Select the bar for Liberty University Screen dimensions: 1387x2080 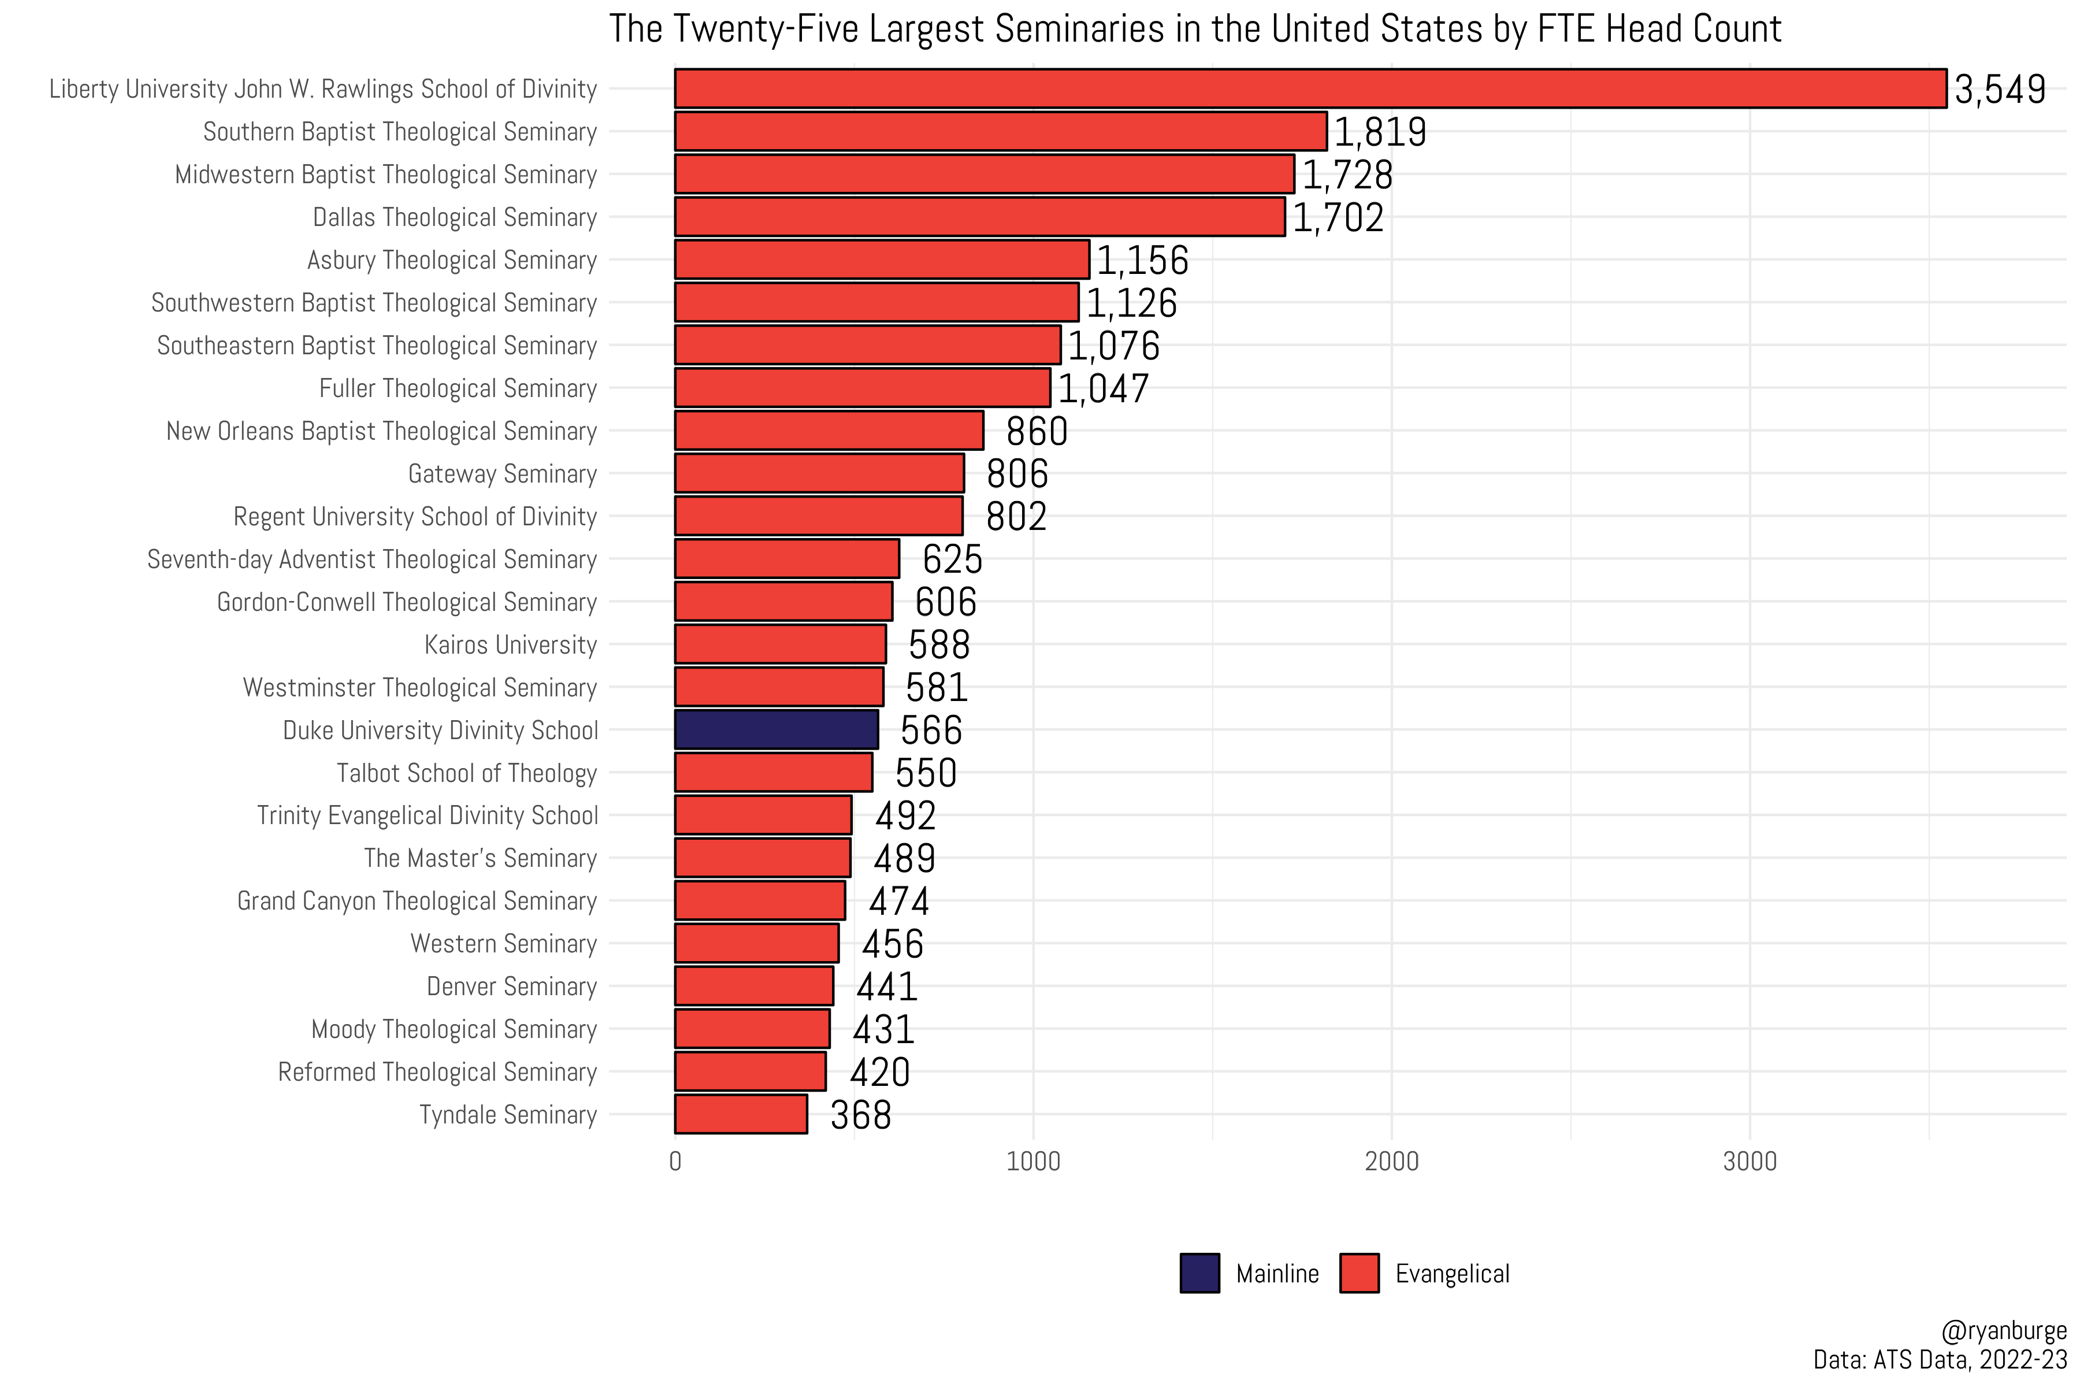coord(1309,88)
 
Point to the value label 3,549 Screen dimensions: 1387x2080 coord(2000,90)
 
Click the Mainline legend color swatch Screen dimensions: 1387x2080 coord(1199,1273)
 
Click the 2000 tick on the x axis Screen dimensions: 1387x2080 coord(1391,1162)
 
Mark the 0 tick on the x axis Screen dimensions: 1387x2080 coord(675,1162)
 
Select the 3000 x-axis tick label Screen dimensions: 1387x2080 coord(1750,1162)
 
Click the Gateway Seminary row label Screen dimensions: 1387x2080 coord(502,474)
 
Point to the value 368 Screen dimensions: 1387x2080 coord(860,1115)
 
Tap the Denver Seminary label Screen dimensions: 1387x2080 coord(511,987)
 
